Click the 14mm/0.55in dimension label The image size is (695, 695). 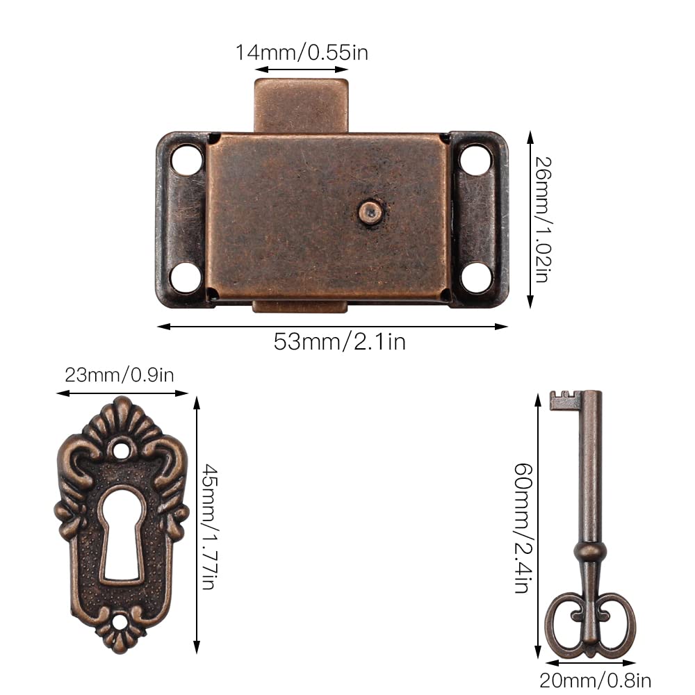point(302,52)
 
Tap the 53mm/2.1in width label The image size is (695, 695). point(340,342)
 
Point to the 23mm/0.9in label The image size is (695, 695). point(120,375)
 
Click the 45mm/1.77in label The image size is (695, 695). point(209,527)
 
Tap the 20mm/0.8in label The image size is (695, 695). point(595,680)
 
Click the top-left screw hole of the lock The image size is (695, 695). point(186,160)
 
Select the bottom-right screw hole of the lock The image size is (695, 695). point(477,278)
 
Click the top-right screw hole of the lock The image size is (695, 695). point(475,160)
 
